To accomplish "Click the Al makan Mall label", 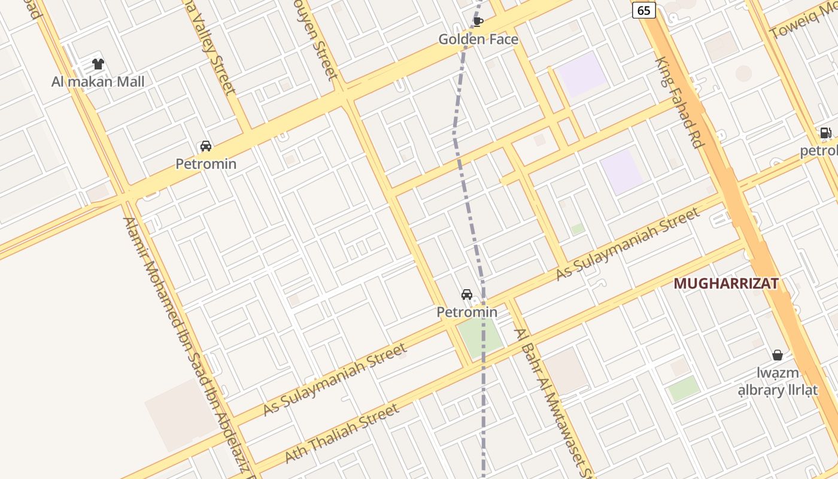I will click(98, 81).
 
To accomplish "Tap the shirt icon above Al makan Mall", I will click(98, 64).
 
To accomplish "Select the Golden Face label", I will click(478, 40).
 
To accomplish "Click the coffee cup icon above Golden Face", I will click(478, 22).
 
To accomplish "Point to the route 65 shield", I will click(644, 10).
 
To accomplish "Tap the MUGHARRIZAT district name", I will click(725, 284).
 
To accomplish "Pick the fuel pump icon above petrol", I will click(825, 133).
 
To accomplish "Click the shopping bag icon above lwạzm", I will click(777, 355).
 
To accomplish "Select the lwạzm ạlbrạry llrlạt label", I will click(777, 382).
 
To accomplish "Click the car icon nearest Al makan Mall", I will click(206, 146).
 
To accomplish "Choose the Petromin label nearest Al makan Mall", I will click(206, 163).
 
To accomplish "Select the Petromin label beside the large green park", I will click(467, 312).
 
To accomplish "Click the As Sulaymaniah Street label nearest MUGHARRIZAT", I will click(627, 244).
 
